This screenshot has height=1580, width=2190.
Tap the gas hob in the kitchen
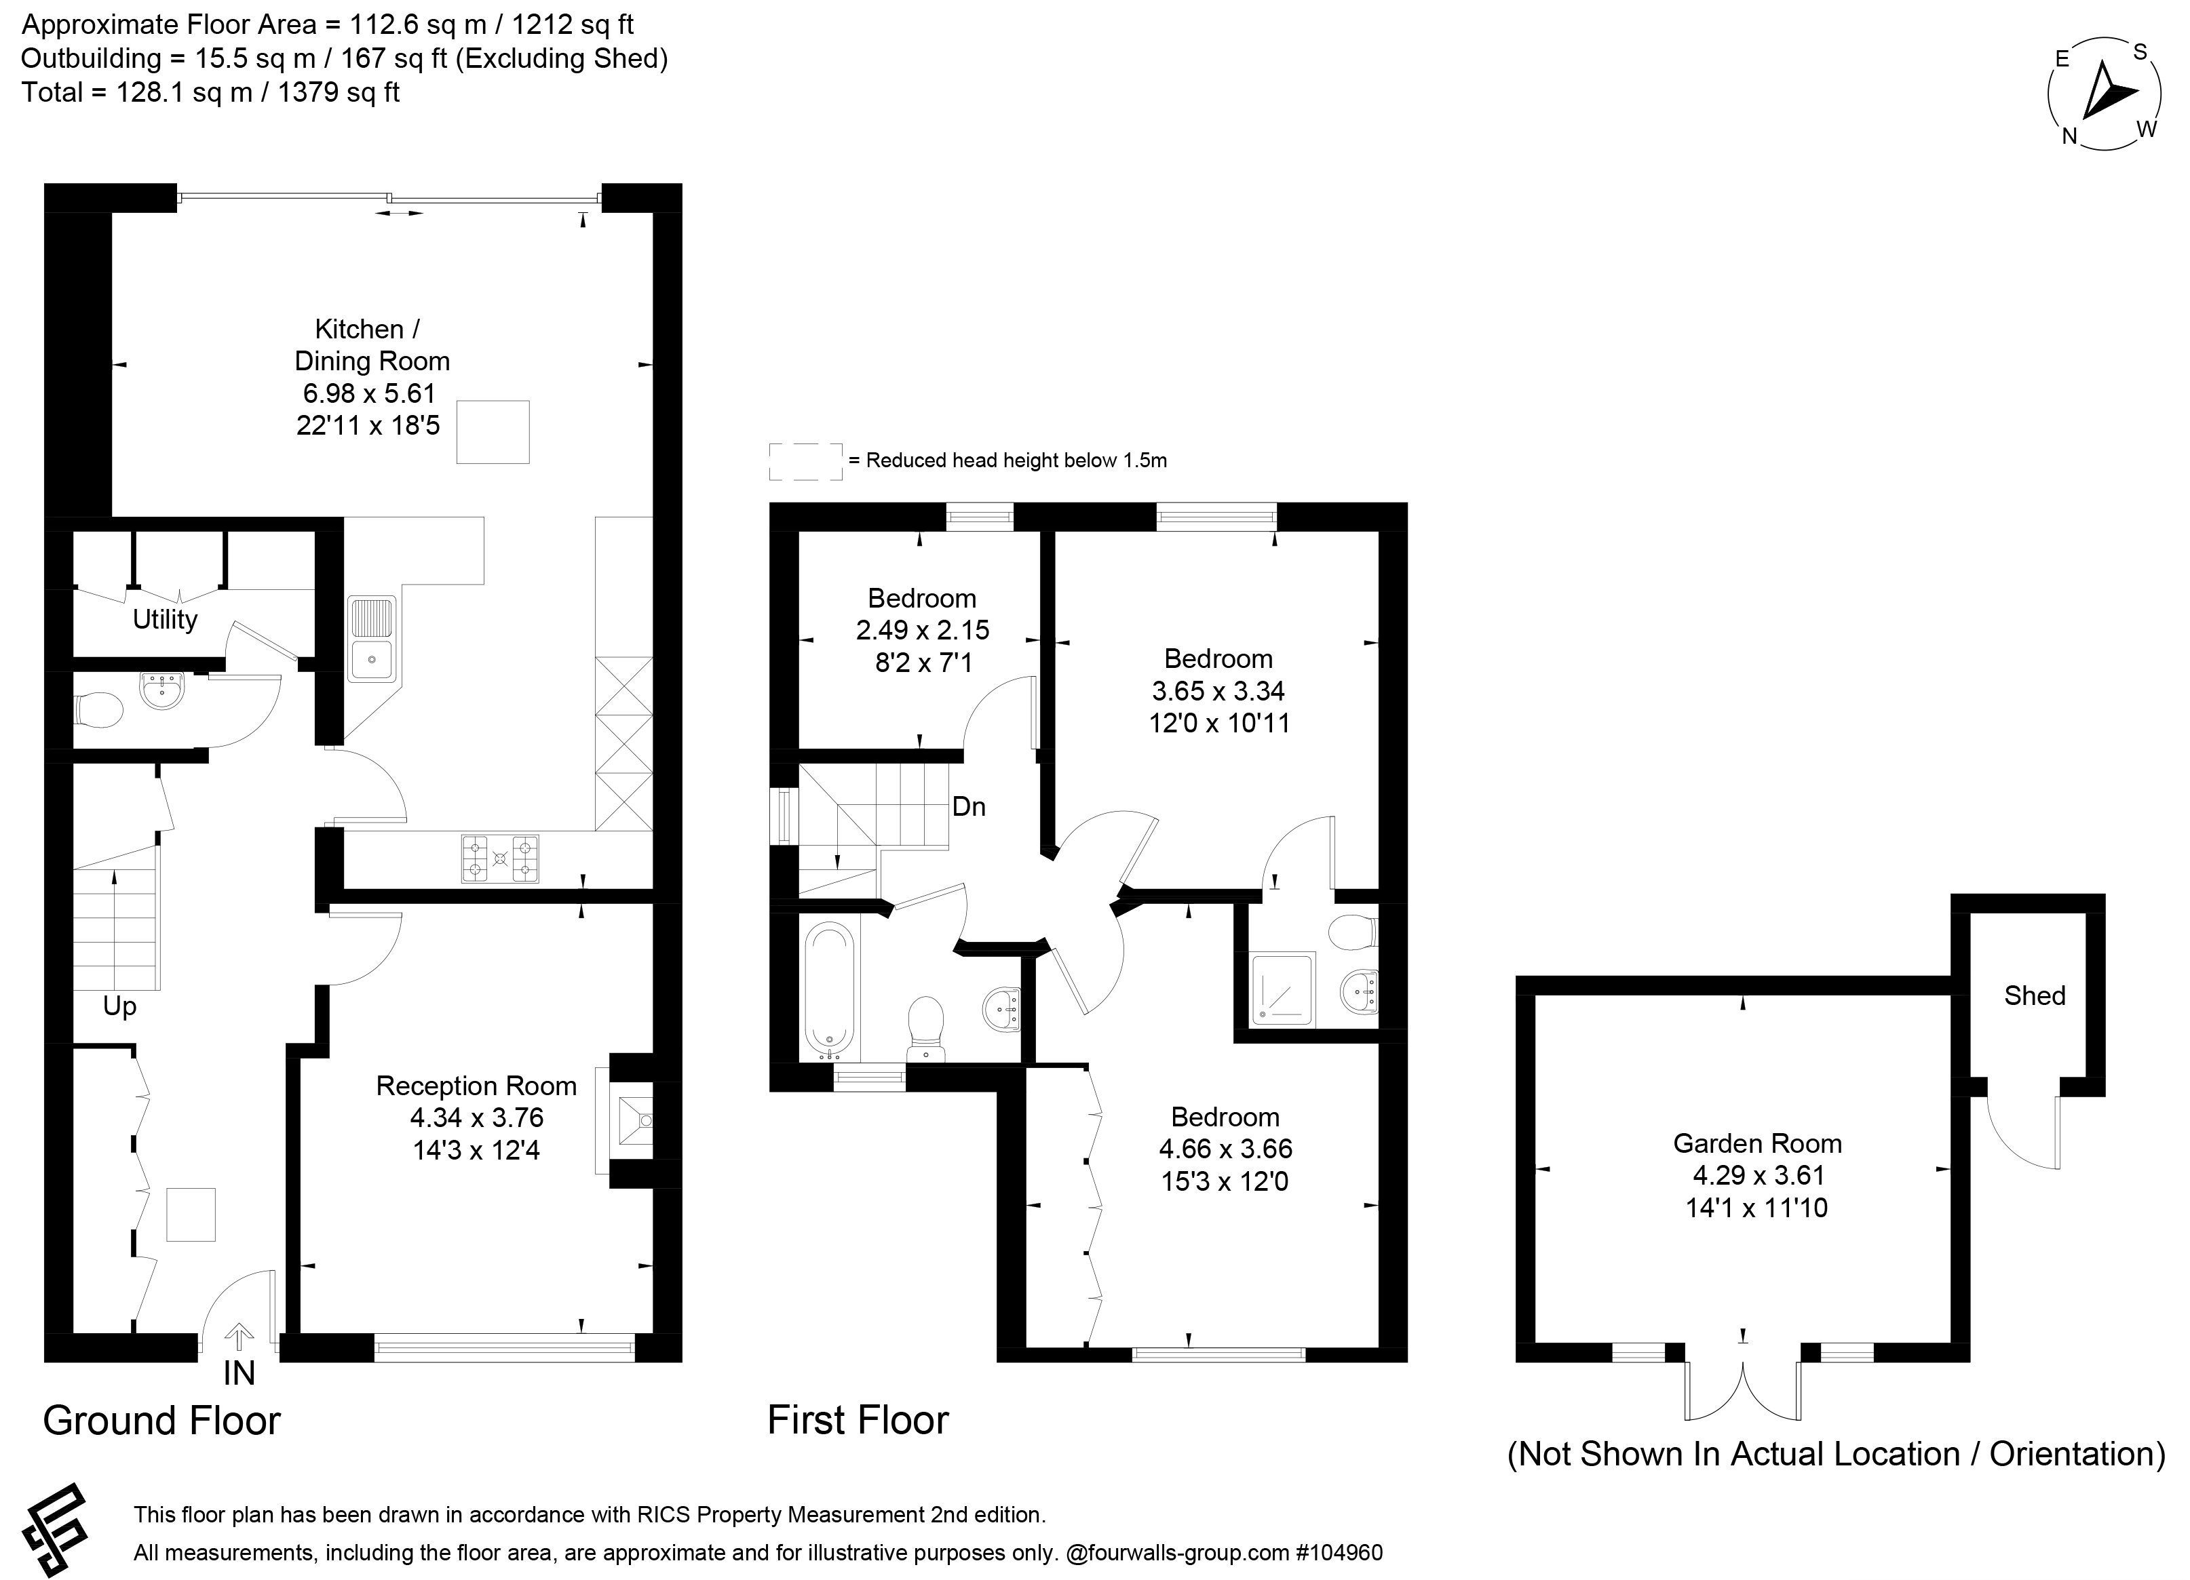(499, 858)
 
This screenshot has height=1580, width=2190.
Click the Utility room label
(165, 620)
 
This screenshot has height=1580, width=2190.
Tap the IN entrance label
(239, 1372)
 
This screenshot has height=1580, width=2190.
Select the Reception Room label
(476, 1086)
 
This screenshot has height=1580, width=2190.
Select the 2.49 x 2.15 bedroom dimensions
(922, 630)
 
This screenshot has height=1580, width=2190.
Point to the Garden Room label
(1757, 1144)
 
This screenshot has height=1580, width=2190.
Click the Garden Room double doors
(1743, 1390)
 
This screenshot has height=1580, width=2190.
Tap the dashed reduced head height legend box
(806, 461)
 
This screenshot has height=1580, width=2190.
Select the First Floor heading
(858, 1421)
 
